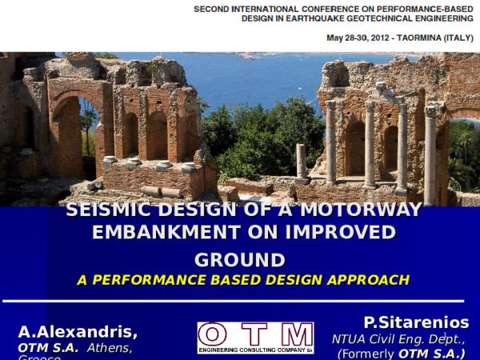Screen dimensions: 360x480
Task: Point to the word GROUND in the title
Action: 240,260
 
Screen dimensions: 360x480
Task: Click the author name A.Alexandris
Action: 78,331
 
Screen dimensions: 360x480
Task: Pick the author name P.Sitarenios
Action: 416,322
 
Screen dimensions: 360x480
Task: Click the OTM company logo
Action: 255,338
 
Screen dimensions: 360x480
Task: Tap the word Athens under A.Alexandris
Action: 110,347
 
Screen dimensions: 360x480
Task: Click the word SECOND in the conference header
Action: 215,8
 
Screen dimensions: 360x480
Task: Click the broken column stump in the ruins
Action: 302,161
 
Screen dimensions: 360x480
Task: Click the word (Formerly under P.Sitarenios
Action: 366,354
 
